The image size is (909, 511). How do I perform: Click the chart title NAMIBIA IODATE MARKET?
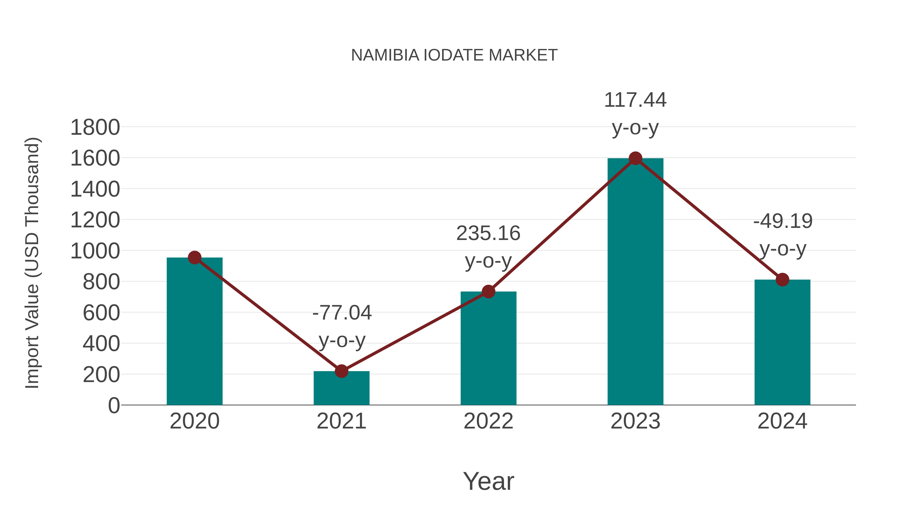[x=454, y=55]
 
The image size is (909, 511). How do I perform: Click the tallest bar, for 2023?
[x=635, y=282]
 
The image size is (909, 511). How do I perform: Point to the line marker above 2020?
[x=194, y=258]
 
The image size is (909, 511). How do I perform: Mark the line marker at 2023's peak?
[x=635, y=158]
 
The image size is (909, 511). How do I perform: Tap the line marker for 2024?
[x=782, y=280]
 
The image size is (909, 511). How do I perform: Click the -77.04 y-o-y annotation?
[x=342, y=326]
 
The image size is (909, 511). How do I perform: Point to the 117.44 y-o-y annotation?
[x=635, y=114]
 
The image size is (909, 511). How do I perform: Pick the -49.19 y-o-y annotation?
[x=783, y=235]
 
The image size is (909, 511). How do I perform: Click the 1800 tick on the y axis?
[x=95, y=127]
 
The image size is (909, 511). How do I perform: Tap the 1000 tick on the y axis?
[x=95, y=251]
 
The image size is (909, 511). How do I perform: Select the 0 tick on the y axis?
[x=114, y=406]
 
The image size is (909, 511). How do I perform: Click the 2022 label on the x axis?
[x=488, y=421]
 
